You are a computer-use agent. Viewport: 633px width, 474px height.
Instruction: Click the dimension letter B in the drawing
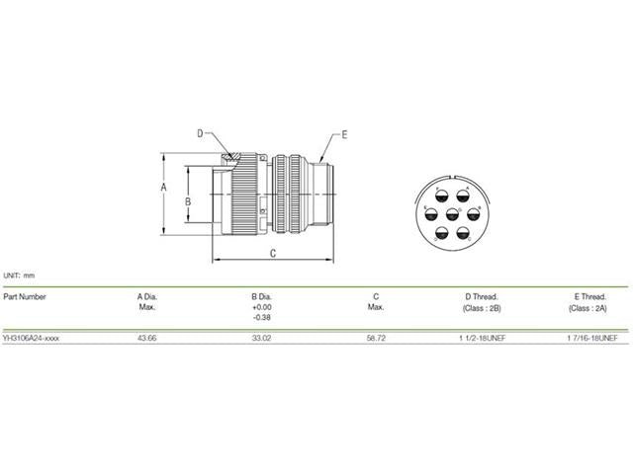coord(188,200)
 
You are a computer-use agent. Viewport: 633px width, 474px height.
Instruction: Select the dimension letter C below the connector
coord(273,254)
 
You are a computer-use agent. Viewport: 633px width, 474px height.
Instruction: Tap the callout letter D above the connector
coord(199,132)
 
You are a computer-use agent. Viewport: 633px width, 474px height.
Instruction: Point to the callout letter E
coord(344,132)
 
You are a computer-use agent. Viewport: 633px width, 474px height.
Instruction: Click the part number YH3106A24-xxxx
coord(31,338)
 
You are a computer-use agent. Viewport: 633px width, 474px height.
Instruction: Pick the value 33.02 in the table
coord(262,338)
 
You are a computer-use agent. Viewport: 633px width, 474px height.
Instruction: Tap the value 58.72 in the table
coord(376,338)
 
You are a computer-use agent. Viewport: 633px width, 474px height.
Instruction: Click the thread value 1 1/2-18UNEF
coord(482,338)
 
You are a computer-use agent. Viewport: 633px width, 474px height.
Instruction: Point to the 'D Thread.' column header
coord(482,295)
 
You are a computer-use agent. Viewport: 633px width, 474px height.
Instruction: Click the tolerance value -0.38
coord(262,318)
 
